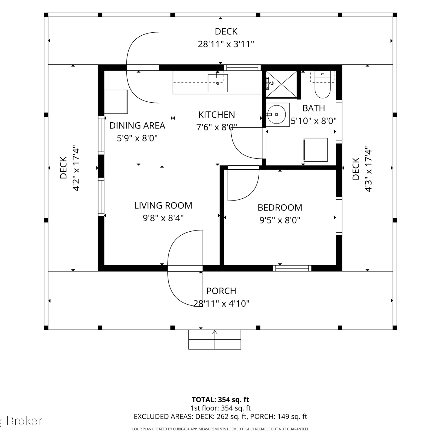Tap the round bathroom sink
[x=276, y=114]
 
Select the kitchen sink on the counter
[x=218, y=83]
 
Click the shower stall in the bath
[x=281, y=84]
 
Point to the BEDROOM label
[x=280, y=208]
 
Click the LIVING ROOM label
[x=163, y=206]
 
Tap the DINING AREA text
[x=137, y=126]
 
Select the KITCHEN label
[x=217, y=115]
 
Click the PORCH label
[x=221, y=291]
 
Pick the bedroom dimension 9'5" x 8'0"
[x=280, y=220]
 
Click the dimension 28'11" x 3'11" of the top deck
[x=226, y=44]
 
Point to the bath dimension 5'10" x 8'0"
[x=313, y=121]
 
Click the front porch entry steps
[x=215, y=340]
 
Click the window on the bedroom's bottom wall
[x=292, y=268]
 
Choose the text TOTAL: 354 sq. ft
[x=220, y=400]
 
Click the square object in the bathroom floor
[x=316, y=150]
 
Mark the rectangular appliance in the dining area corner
[x=116, y=101]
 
